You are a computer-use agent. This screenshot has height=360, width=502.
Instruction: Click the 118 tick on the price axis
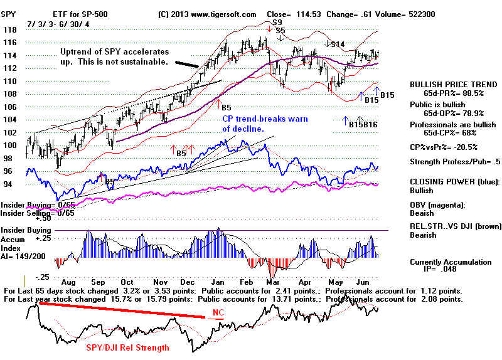9,29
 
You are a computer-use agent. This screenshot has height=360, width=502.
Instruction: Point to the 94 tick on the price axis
8,184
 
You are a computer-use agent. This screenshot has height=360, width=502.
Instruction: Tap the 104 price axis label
9,120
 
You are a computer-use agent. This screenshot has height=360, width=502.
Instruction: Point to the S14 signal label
337,44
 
